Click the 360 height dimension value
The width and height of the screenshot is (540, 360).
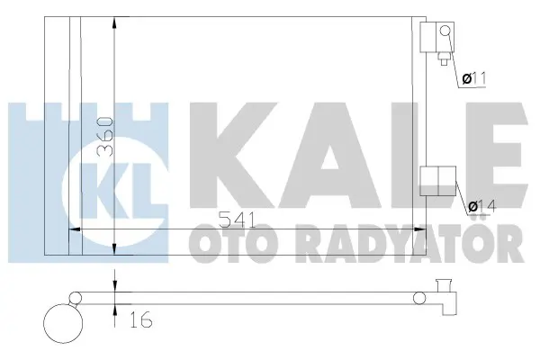(x=105, y=137)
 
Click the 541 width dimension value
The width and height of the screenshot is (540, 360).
(x=238, y=220)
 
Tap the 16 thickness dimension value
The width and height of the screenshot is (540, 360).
(x=141, y=320)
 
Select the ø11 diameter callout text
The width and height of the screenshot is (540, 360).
(x=474, y=79)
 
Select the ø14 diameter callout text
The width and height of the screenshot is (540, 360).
(x=482, y=207)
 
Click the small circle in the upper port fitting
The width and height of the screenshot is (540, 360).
(x=445, y=31)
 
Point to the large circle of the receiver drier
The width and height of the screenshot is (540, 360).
(x=63, y=323)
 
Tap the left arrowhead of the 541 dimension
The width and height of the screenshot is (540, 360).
(x=76, y=229)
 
